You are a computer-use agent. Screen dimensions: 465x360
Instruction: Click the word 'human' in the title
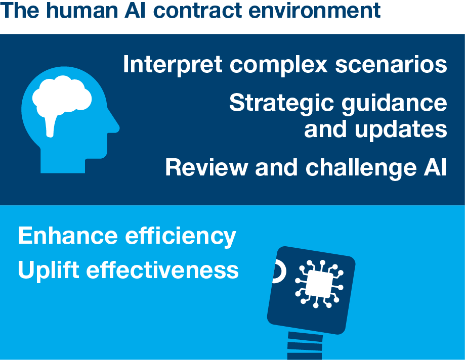point(81,10)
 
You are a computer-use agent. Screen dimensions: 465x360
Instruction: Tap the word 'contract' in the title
point(198,11)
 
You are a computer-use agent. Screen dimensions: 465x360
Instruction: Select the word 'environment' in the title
point(315,11)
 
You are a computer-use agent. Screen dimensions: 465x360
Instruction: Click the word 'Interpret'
point(173,64)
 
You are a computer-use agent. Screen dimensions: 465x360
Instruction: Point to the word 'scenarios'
point(391,64)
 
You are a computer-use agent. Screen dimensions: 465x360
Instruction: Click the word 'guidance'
point(395,103)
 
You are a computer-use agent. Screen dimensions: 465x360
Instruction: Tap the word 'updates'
point(401,129)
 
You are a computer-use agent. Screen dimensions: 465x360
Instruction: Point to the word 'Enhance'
point(68,236)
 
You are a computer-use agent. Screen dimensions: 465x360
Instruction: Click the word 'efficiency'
point(181,236)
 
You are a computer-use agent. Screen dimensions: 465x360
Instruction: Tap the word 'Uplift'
point(49,270)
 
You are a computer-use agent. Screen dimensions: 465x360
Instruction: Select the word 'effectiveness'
point(162,269)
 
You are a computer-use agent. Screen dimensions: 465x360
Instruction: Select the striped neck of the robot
point(305,345)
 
